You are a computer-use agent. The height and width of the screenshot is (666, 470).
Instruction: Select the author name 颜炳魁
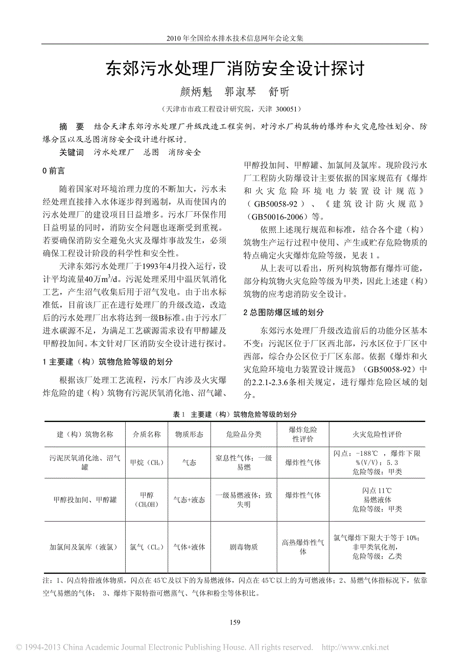tap(195, 92)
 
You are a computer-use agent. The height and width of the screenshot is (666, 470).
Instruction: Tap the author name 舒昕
tap(279, 92)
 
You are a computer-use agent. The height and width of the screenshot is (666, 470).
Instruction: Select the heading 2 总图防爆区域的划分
tap(283, 312)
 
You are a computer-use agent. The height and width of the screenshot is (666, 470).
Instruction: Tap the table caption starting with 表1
tap(234, 414)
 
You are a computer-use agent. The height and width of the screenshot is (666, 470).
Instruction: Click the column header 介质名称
tap(147, 434)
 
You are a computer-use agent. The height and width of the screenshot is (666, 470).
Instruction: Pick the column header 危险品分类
tap(244, 434)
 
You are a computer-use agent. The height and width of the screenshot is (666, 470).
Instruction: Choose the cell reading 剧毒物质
tap(244, 547)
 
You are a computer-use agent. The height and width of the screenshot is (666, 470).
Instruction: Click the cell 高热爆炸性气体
tap(303, 547)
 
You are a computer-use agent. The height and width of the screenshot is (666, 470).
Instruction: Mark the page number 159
tap(235, 622)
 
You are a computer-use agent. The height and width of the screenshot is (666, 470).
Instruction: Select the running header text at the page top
tap(235, 38)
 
